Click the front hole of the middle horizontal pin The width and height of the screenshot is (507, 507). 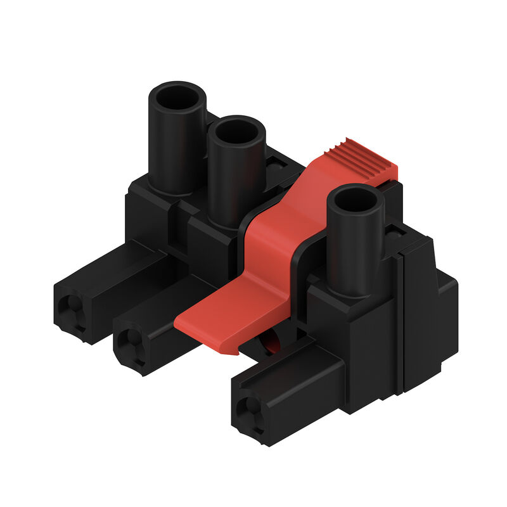pyautogui.click(x=131, y=343)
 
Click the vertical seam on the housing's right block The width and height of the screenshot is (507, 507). pyautogui.click(x=400, y=323)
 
